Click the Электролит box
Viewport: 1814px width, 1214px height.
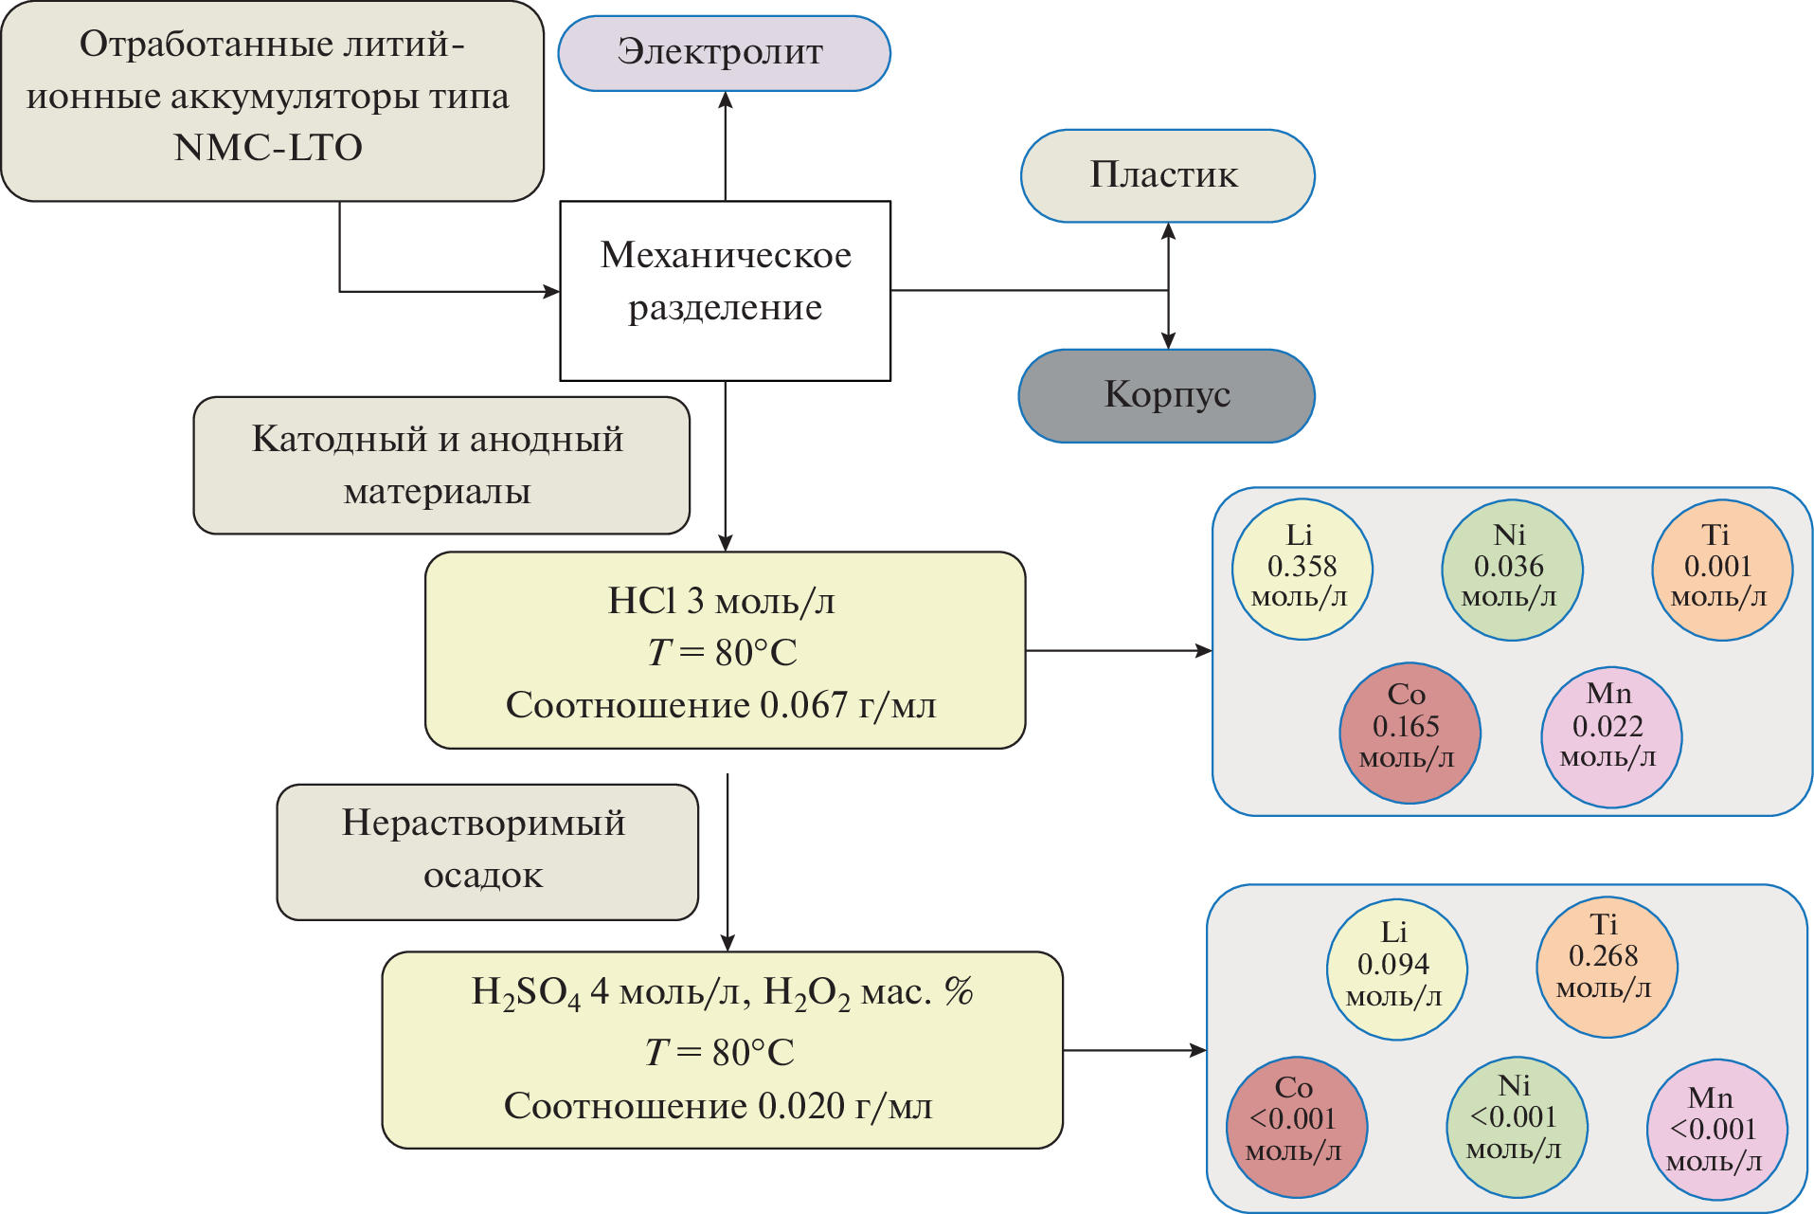pyautogui.click(x=724, y=53)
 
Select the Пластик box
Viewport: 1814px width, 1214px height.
pyautogui.click(x=1167, y=175)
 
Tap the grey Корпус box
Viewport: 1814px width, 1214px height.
pyautogui.click(x=1166, y=395)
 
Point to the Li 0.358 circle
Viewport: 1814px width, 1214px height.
pyautogui.click(x=1302, y=569)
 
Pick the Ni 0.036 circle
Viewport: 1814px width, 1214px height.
pyautogui.click(x=1511, y=569)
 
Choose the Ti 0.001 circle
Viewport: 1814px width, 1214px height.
pyautogui.click(x=1721, y=569)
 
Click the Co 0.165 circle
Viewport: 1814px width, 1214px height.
pyautogui.click(x=1409, y=732)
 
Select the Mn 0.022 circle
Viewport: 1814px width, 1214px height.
pyautogui.click(x=1610, y=735)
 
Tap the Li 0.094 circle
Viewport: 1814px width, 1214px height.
pyautogui.click(x=1396, y=969)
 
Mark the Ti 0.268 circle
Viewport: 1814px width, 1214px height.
pyautogui.click(x=1606, y=965)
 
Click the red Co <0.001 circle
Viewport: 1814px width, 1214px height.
pyautogui.click(x=1296, y=1126)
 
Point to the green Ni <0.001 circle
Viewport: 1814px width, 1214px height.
pyautogui.click(x=1516, y=1126)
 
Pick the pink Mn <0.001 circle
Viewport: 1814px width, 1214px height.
pyautogui.click(x=1715, y=1129)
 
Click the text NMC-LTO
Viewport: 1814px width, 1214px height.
pyautogui.click(x=268, y=148)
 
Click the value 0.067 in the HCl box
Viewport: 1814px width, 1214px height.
pyautogui.click(x=803, y=705)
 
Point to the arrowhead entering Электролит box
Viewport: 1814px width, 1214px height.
pyautogui.click(x=726, y=100)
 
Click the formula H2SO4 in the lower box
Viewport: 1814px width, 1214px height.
pyautogui.click(x=526, y=993)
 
